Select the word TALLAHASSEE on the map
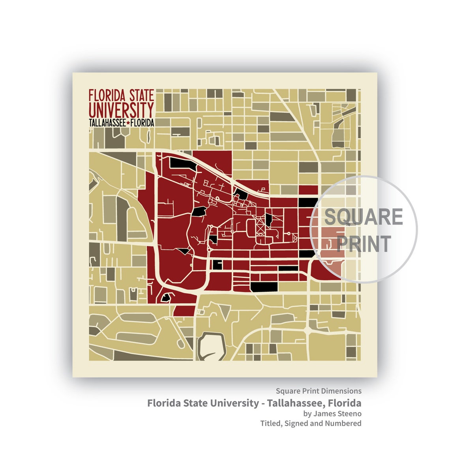(x=107, y=123)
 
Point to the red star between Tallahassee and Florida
(x=128, y=123)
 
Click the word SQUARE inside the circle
(x=363, y=217)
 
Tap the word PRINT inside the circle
(x=364, y=244)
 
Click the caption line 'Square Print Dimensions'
(x=319, y=391)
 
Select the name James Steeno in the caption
(x=337, y=413)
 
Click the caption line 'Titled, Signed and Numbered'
(x=311, y=423)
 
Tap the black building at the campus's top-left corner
(x=182, y=163)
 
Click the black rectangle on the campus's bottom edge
(x=264, y=287)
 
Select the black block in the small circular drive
(x=166, y=297)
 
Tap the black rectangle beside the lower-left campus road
(x=217, y=264)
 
